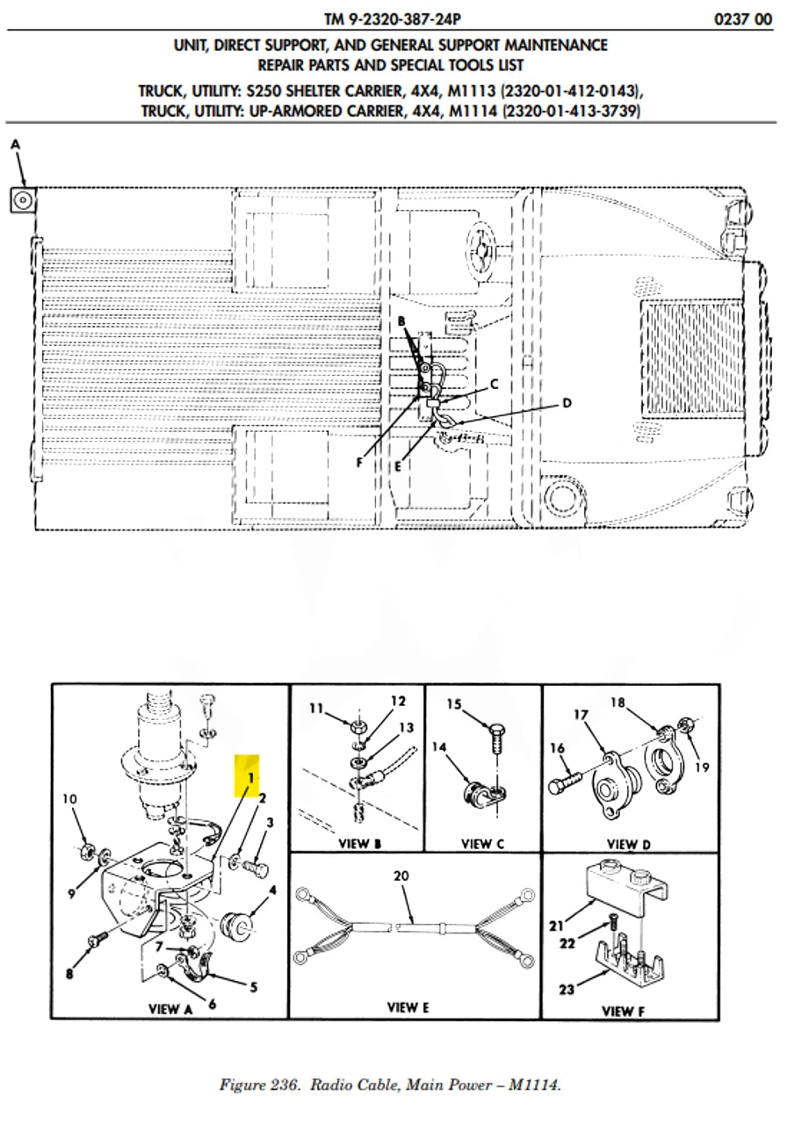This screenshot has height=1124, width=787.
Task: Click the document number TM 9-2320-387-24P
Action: pyautogui.click(x=392, y=18)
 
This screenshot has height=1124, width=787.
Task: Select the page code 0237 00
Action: pyautogui.click(x=743, y=18)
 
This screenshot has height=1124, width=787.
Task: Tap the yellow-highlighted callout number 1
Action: pyautogui.click(x=249, y=777)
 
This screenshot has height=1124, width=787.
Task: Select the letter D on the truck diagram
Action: pyautogui.click(x=567, y=403)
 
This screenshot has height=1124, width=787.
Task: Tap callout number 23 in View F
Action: pyautogui.click(x=566, y=990)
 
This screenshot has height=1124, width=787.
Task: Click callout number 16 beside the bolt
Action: pyautogui.click(x=556, y=747)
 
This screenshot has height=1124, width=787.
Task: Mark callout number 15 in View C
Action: pyautogui.click(x=454, y=703)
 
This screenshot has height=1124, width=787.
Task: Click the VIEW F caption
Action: pyautogui.click(x=623, y=1011)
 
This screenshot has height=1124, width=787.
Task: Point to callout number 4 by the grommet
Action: pyautogui.click(x=272, y=889)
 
